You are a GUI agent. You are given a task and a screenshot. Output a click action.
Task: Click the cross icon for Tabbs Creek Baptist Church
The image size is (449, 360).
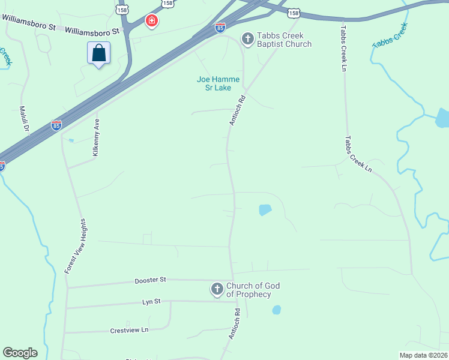(247, 40)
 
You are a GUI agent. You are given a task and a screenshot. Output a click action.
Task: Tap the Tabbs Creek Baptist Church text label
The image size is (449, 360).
(285, 40)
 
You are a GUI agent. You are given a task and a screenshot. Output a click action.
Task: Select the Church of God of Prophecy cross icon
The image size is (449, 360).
(217, 290)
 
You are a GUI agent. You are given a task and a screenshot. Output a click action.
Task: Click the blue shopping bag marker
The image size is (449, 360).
(99, 53)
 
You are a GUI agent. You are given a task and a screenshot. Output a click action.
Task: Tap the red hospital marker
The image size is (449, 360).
(152, 22)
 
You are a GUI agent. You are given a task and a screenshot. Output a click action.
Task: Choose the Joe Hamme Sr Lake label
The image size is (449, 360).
(218, 83)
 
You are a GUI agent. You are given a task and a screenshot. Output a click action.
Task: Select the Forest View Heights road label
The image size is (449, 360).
(76, 247)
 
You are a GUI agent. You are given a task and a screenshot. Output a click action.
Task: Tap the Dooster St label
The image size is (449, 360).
(150, 280)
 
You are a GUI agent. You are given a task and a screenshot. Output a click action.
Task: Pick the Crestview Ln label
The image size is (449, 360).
(129, 330)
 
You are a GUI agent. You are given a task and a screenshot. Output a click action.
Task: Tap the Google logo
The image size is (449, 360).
(20, 353)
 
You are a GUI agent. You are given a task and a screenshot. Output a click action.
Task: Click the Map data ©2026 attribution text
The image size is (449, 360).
(423, 355)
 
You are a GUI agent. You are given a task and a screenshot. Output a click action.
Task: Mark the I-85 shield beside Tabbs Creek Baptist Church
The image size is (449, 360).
(220, 27)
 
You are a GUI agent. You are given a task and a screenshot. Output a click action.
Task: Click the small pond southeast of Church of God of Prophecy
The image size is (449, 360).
(277, 310)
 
